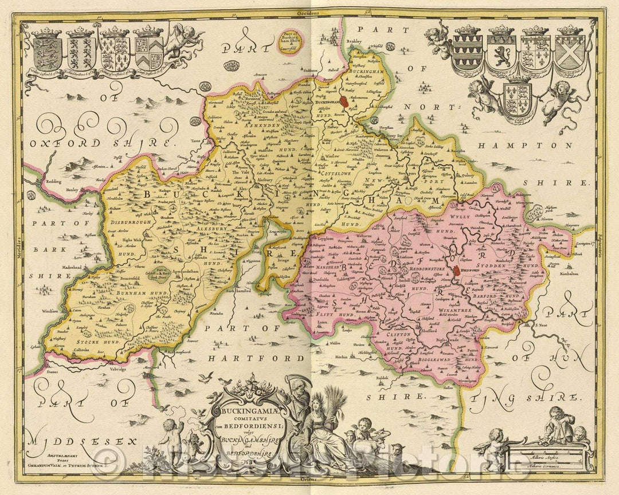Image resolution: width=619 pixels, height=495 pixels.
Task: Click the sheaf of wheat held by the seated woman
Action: click(x=335, y=401)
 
